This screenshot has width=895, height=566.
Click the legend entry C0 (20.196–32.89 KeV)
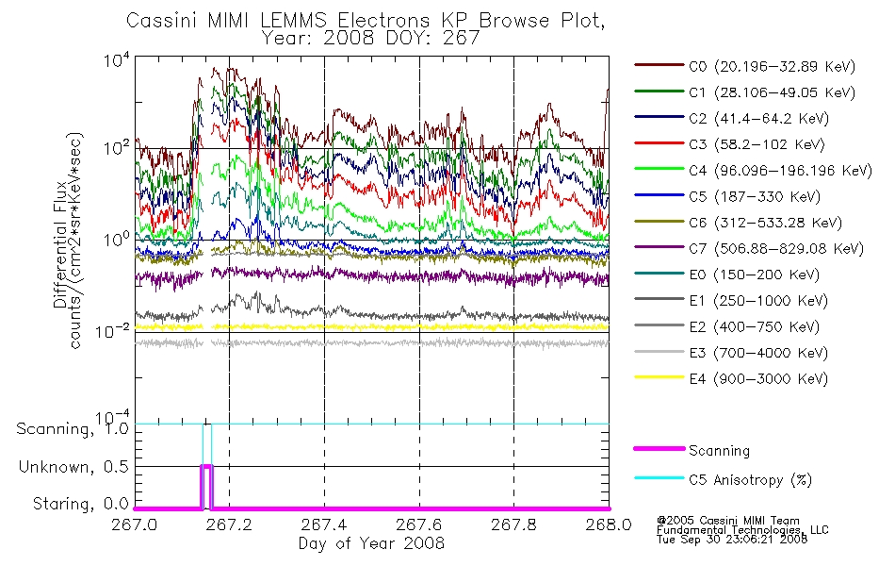click(772, 66)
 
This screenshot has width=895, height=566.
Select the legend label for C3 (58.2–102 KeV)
click(757, 144)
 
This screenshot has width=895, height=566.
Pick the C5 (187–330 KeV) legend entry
click(754, 196)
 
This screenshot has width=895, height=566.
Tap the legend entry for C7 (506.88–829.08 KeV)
click(775, 249)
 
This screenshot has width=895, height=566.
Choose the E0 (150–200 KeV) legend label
click(754, 275)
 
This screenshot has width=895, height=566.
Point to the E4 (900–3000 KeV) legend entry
click(758, 379)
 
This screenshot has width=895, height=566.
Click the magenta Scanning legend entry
click(719, 451)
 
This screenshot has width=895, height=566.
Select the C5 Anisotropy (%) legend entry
click(750, 479)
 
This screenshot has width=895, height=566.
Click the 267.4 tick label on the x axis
click(325, 524)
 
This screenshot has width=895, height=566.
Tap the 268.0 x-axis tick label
click(609, 524)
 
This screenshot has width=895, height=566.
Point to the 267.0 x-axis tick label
click(135, 524)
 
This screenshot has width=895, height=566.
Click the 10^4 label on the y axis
click(117, 59)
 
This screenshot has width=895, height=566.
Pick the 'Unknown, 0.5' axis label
click(73, 467)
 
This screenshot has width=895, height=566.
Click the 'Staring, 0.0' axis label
click(81, 504)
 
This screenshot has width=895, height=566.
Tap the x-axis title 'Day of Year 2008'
click(371, 543)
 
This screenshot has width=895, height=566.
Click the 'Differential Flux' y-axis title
click(60, 244)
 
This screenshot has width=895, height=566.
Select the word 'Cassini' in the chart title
click(162, 21)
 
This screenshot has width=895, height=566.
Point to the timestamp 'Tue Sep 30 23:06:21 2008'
click(732, 540)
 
